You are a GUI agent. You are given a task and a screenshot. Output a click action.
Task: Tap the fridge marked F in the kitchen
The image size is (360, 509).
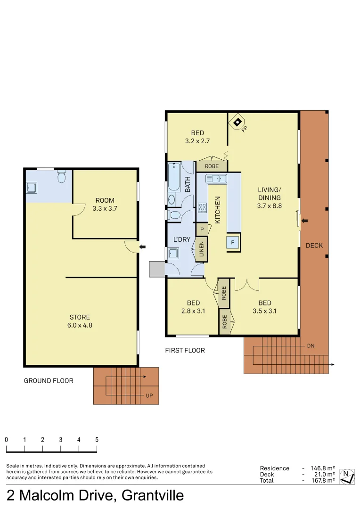point(233,242)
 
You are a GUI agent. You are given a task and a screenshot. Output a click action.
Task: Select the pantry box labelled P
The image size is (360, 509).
point(202,229)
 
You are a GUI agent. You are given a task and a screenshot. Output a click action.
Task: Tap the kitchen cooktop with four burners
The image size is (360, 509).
point(202,207)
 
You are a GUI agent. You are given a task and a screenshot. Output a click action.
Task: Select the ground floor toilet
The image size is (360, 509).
point(61,177)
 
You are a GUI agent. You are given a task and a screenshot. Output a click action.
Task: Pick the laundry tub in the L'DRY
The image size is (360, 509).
point(173,254)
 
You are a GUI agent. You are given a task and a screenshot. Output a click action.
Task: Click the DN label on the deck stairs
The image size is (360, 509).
point(311,345)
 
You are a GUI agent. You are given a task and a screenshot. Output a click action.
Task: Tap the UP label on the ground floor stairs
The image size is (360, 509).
point(149,395)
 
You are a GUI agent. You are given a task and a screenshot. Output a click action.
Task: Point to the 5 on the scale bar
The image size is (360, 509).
point(97,439)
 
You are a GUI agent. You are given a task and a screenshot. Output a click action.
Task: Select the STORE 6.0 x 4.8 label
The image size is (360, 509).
point(80,321)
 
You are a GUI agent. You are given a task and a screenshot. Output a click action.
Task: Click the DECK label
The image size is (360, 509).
point(314,246)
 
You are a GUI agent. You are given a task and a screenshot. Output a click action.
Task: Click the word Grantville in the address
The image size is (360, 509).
point(153,496)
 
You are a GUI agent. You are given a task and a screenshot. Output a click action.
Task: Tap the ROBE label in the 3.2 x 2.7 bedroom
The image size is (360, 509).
point(212,166)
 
